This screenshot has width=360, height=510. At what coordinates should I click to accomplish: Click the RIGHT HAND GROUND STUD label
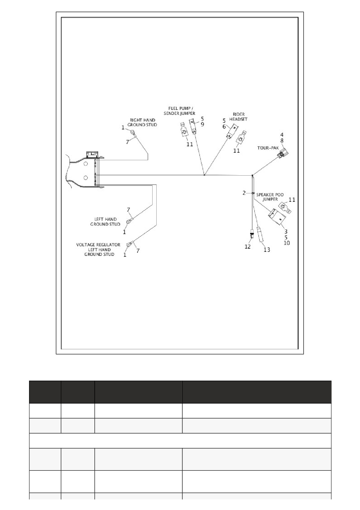[x=142, y=122]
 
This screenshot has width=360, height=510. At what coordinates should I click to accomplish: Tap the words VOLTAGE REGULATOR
[x=98, y=245]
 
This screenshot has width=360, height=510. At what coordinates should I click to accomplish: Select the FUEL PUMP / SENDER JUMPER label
[x=179, y=111]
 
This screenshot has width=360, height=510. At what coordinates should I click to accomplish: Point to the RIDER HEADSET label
[x=238, y=117]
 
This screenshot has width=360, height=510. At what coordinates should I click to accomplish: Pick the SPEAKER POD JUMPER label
[x=270, y=197]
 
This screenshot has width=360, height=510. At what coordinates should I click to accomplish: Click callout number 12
[x=248, y=247]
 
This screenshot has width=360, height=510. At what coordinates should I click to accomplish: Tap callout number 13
[x=267, y=249]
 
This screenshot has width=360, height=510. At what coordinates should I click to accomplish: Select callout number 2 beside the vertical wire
[x=244, y=193]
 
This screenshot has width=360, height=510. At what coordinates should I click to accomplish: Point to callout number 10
[x=286, y=243]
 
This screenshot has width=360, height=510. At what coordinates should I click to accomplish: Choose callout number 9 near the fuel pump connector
[x=202, y=124]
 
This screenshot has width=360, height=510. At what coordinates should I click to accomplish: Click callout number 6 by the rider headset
[x=224, y=126]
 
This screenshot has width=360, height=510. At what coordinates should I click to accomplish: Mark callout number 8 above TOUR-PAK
[x=282, y=140]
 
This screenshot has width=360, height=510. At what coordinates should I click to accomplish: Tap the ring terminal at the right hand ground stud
[x=133, y=133]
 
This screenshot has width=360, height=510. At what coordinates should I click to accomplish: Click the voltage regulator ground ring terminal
[x=129, y=244]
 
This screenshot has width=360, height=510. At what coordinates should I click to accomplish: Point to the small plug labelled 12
[x=252, y=234]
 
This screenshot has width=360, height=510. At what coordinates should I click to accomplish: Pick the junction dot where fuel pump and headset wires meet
[x=204, y=175]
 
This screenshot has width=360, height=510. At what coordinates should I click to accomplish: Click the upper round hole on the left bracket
[x=86, y=164]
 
